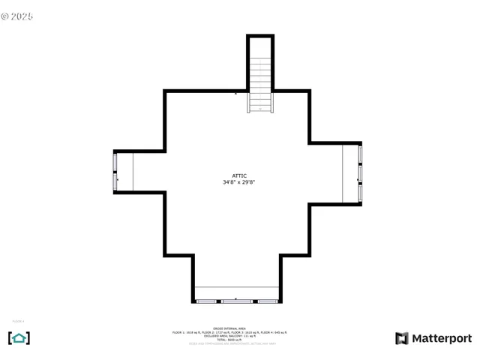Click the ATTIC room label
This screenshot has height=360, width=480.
[239, 175]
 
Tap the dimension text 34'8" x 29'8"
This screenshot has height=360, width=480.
[239, 182]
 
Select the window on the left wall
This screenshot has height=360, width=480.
[115, 172]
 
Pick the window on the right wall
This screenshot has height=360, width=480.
[360, 173]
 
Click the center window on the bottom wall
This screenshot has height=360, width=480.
[236, 301]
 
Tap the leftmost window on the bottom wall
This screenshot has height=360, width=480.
[206, 301]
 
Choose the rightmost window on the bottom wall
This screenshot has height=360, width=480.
[268, 301]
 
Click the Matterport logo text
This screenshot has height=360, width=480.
[442, 339]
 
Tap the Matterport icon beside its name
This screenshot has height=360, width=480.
[402, 339]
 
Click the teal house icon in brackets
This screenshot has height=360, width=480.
[19, 338]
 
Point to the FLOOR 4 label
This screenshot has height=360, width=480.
[18, 322]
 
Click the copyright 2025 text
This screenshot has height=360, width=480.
[17, 16]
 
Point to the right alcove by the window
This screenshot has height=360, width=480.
[350, 173]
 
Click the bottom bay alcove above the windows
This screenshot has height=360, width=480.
[236, 292]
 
